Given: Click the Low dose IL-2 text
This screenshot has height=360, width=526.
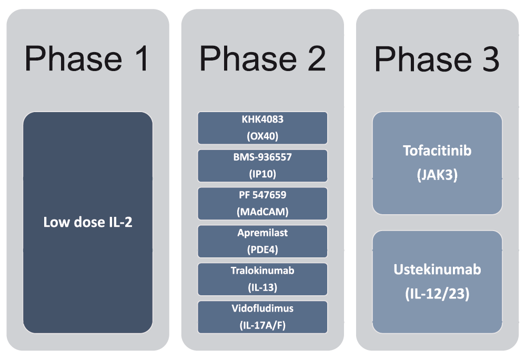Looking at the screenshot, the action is pyautogui.click(x=88, y=222).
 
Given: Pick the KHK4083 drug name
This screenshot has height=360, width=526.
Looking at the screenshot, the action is pyautogui.click(x=262, y=119).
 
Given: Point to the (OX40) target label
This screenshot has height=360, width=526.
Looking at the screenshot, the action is pyautogui.click(x=262, y=136).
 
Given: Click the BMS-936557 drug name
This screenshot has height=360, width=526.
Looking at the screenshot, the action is pyautogui.click(x=262, y=157).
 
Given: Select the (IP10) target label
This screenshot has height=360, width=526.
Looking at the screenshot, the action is pyautogui.click(x=262, y=174).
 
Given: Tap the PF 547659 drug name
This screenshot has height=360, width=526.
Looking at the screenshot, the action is pyautogui.click(x=262, y=195).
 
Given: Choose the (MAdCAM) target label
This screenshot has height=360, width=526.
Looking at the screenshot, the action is pyautogui.click(x=262, y=212).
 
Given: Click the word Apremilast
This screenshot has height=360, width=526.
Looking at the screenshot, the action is pyautogui.click(x=262, y=233).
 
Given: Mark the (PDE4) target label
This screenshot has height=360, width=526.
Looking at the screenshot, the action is pyautogui.click(x=262, y=249).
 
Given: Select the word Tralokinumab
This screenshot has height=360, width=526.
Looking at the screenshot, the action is pyautogui.click(x=262, y=271).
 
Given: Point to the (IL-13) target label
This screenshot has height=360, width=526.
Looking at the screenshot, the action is pyautogui.click(x=262, y=287).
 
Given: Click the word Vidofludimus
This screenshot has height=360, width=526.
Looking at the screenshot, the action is pyautogui.click(x=262, y=308).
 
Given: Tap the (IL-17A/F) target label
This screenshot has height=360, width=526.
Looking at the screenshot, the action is pyautogui.click(x=262, y=325).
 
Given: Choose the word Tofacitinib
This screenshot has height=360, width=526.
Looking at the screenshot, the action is pyautogui.click(x=437, y=151).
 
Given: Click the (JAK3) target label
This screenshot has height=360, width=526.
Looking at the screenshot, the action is pyautogui.click(x=437, y=175).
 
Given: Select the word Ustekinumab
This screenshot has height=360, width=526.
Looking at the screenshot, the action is pyautogui.click(x=437, y=269).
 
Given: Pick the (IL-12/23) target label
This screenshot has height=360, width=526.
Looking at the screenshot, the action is pyautogui.click(x=437, y=294).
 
